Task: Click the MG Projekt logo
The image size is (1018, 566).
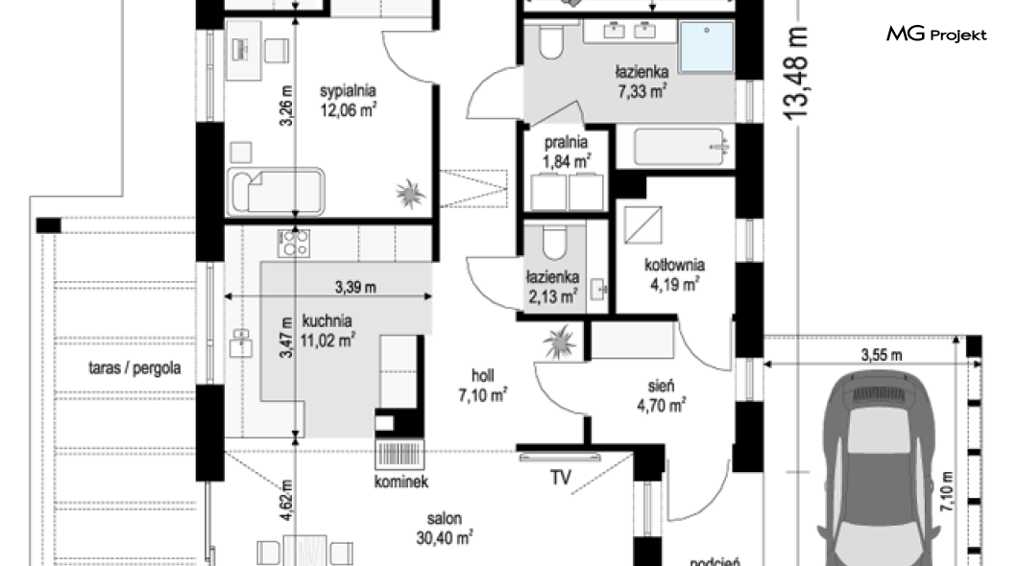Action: point(936,34)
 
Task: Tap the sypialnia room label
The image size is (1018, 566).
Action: point(348,91)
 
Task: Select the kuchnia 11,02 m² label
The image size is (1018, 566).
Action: point(327,331)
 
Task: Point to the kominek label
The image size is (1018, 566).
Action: point(401,482)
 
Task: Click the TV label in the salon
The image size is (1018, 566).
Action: point(561,478)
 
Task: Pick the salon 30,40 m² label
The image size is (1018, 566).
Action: point(444,529)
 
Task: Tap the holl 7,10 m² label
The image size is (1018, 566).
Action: point(482,386)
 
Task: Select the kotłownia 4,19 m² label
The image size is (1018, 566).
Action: point(674,274)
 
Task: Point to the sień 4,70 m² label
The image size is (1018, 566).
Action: point(661,395)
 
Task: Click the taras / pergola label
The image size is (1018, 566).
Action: point(134,368)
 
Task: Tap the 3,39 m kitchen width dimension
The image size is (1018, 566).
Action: point(355,287)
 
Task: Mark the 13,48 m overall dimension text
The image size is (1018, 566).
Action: point(795,73)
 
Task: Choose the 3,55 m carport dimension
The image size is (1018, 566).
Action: point(882,355)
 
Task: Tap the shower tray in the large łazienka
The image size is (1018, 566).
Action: point(707,47)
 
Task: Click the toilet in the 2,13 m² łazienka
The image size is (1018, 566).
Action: point(554,241)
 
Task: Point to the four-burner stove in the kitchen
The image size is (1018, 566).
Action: point(293,243)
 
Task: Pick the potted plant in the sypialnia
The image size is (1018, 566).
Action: point(410,193)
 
